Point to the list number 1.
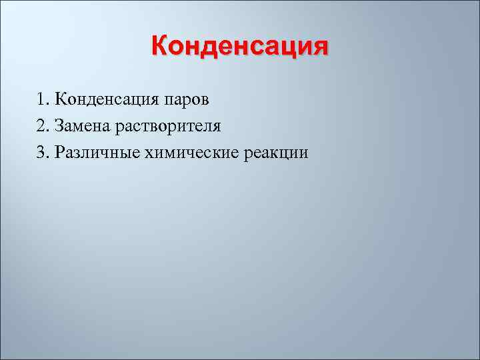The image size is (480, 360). (x=41, y=101)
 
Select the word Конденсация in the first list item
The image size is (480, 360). (x=105, y=101)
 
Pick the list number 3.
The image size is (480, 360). (x=41, y=153)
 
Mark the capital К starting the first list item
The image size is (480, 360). (x=61, y=101)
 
